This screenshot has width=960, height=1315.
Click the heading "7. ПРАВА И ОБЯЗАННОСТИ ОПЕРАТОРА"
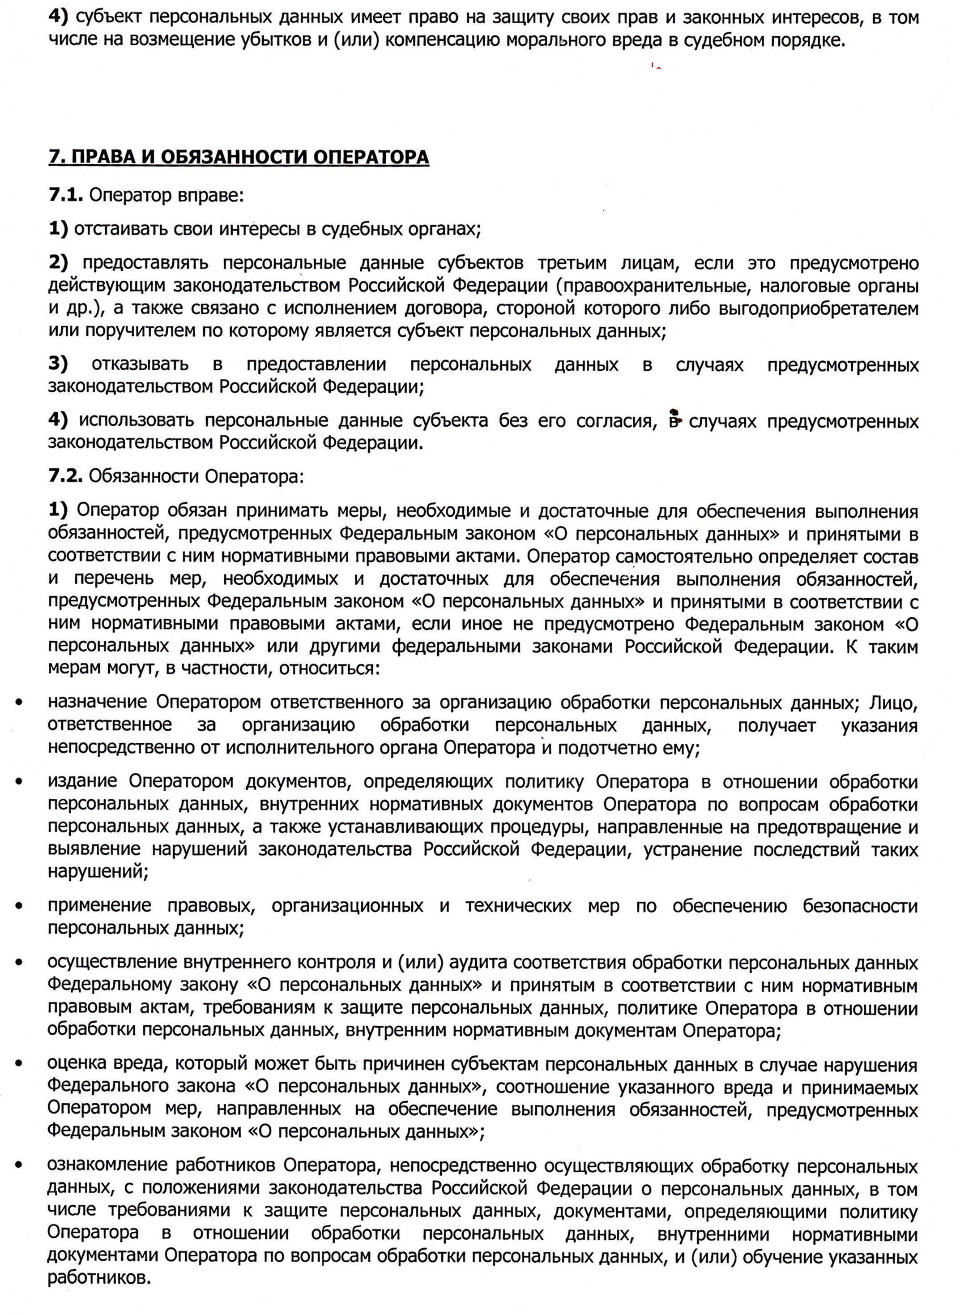pos(238,158)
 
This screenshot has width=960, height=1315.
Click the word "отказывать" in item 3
pos(140,364)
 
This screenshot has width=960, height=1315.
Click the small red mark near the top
pos(656,66)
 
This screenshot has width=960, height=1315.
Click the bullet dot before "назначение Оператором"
pos(20,703)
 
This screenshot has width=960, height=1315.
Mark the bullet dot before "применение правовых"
pos(20,906)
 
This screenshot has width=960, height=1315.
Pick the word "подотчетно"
pos(607,748)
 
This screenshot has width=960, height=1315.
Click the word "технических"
pos(518,906)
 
